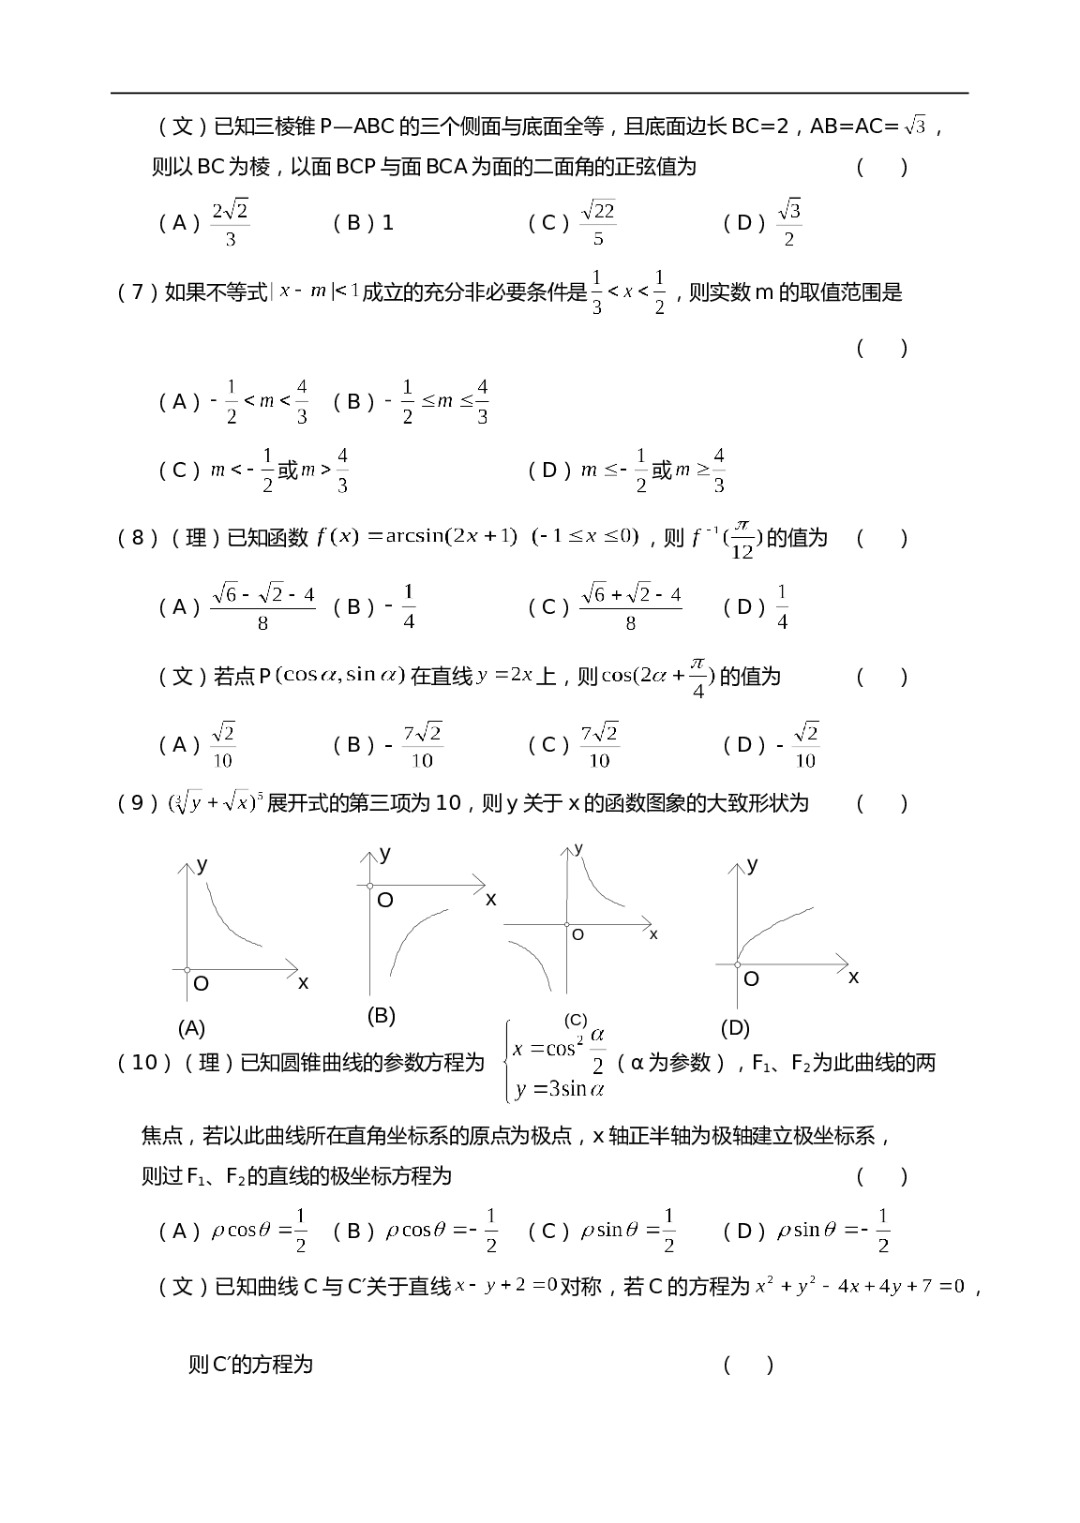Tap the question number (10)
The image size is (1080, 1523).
tap(145, 1063)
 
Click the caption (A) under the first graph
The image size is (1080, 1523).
tap(191, 1028)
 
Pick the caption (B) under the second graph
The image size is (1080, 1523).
tap(381, 1015)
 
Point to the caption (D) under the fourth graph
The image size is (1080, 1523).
tap(735, 1028)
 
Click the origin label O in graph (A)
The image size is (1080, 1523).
tap(201, 984)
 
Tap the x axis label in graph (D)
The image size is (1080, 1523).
tap(853, 978)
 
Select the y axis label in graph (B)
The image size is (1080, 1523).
tap(385, 853)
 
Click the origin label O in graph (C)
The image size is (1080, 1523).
tap(577, 934)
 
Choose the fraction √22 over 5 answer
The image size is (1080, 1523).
tap(598, 223)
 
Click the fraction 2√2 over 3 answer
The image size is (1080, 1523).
tap(231, 223)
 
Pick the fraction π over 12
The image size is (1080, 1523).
tap(742, 540)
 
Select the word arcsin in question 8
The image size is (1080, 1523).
tap(415, 536)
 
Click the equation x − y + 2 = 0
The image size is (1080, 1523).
tap(506, 1286)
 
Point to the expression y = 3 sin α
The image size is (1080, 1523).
tap(560, 1089)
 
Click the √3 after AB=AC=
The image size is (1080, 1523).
tap(915, 127)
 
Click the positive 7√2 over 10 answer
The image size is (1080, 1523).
tap(599, 745)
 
